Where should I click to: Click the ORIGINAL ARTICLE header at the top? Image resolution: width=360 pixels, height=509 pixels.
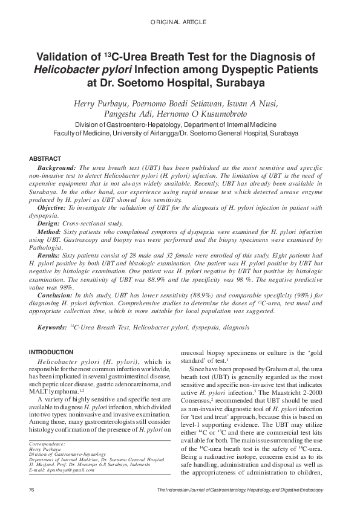(180, 22)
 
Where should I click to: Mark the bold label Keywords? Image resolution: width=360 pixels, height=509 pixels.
(51, 327)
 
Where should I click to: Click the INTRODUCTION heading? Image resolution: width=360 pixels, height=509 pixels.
(51, 352)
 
